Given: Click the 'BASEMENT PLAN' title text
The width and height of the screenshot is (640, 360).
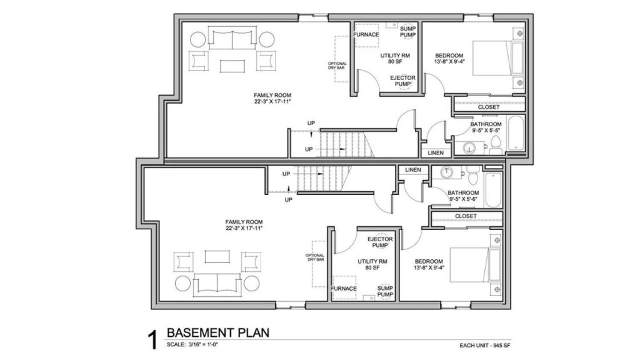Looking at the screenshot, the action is [x=218, y=332].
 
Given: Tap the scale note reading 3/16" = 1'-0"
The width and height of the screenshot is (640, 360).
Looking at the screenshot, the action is [x=203, y=344].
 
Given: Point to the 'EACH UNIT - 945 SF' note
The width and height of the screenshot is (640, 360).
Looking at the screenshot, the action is [x=485, y=346].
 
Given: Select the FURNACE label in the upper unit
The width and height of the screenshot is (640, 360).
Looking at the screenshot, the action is [x=366, y=35].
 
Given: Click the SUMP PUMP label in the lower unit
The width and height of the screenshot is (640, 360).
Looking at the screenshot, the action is [x=385, y=291].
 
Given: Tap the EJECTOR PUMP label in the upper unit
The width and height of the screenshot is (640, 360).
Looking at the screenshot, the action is [x=403, y=81].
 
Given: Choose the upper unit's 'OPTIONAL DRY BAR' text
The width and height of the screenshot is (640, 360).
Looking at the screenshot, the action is [x=337, y=65].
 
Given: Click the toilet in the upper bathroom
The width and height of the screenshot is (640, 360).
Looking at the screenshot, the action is [x=496, y=145].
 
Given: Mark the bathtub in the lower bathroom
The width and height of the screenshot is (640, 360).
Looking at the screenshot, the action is [x=493, y=190].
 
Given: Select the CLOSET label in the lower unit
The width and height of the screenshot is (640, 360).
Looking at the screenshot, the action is [x=466, y=216].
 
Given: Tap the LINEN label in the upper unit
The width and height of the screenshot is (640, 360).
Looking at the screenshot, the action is [x=436, y=153].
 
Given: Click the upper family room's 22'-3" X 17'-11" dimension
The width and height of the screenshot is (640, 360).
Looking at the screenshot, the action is [x=272, y=101].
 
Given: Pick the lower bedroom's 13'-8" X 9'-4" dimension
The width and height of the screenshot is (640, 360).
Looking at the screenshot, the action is [x=429, y=267].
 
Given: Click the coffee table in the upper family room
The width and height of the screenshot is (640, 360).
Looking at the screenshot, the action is [x=232, y=66].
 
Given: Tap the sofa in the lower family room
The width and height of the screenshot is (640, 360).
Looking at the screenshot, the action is [x=217, y=283].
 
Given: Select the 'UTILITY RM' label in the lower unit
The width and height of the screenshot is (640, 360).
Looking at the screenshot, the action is [x=372, y=262].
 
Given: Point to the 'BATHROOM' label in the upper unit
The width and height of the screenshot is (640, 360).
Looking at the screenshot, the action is [x=486, y=124].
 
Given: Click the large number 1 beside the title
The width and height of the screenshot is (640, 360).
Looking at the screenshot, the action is [x=152, y=339].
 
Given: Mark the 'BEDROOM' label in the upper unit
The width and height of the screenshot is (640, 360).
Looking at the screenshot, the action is [x=449, y=56].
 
